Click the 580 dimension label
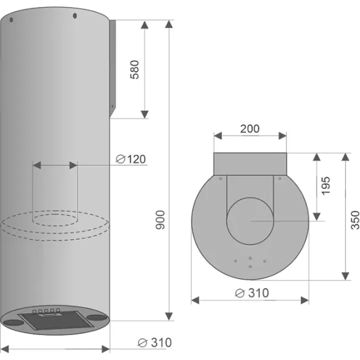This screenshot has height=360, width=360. [134, 69]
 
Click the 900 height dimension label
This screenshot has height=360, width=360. [160, 219]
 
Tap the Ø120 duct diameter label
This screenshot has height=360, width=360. [130, 159]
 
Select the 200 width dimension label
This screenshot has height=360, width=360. [250, 128]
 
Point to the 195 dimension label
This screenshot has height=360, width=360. [325, 186]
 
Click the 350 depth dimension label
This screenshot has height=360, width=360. [354, 220]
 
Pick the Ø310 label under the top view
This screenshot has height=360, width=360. [252, 293]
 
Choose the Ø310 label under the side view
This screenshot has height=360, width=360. [154, 342]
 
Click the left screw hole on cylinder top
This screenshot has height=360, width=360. [11, 20]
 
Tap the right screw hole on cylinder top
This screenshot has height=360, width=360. [74, 16]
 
